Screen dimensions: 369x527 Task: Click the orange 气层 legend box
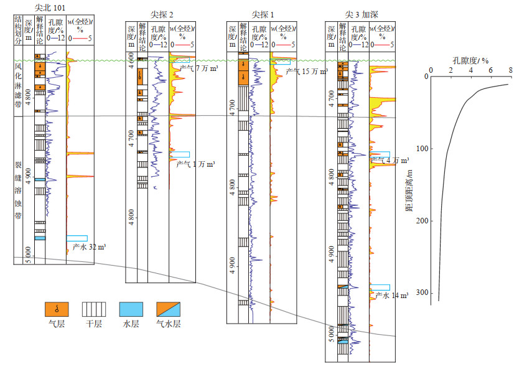[x=57, y=309]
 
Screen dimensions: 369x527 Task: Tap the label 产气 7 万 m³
[x=197, y=68]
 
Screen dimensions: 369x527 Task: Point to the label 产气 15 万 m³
[x=307, y=72]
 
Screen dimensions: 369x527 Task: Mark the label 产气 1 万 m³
[x=195, y=164]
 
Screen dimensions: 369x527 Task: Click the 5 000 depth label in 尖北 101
[x=28, y=255]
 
